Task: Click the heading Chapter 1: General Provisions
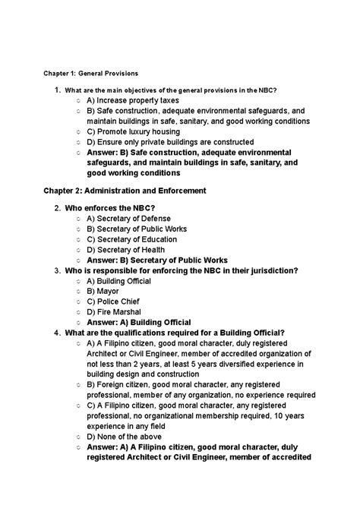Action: (90, 74)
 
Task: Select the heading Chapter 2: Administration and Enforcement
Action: (125, 190)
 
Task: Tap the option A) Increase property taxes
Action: (132, 100)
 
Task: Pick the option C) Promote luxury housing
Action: (133, 131)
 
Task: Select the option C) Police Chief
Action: (115, 301)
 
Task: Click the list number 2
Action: (57, 207)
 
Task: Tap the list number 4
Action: (57, 333)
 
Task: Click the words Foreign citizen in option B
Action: (122, 385)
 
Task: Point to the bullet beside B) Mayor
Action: (79, 291)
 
